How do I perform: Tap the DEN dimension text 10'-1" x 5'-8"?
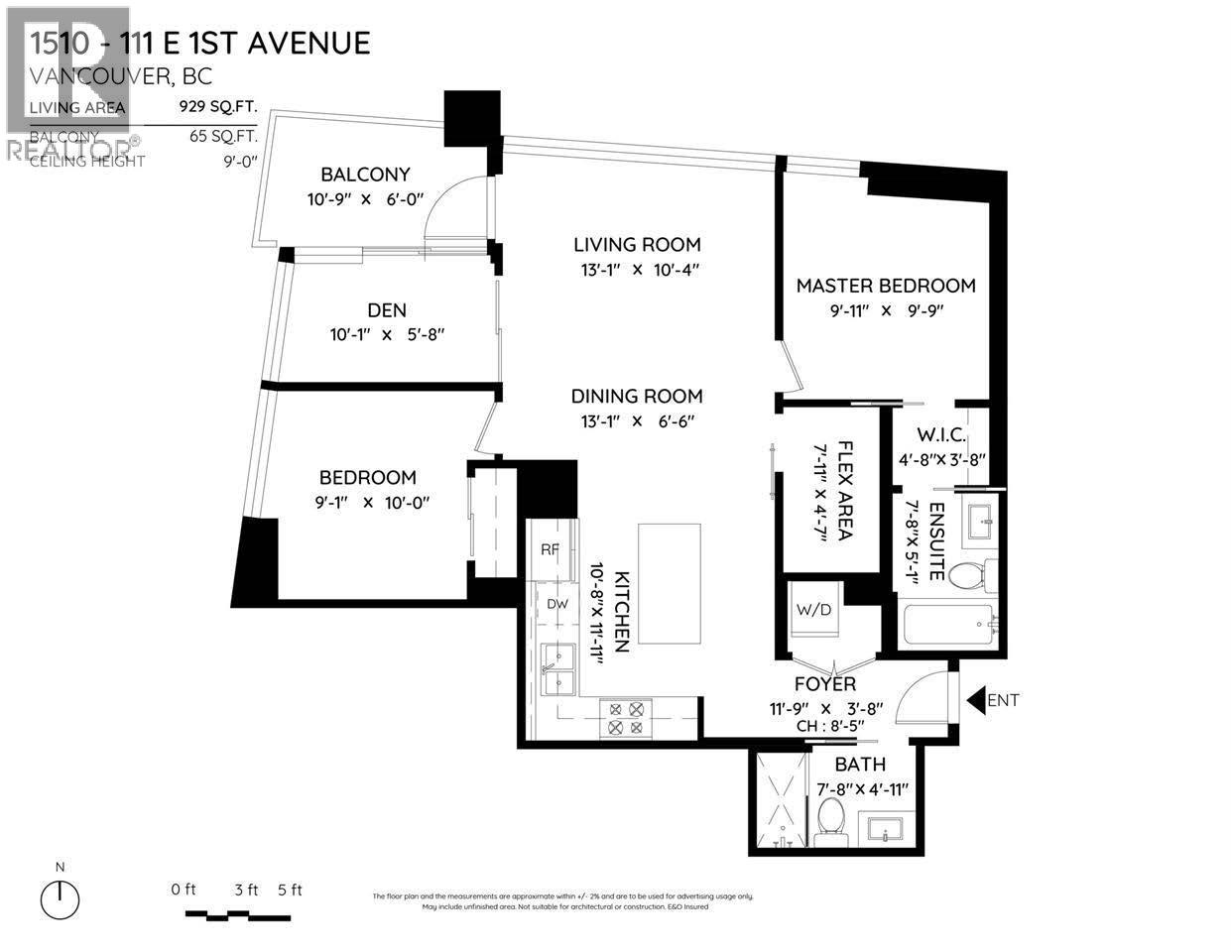pos(387,335)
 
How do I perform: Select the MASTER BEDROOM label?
pos(886,286)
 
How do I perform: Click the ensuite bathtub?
pos(951,625)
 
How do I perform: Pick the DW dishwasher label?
pos(556,603)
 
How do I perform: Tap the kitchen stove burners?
pos(626,718)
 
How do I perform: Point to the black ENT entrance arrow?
pos(974,700)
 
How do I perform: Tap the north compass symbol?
pos(61,899)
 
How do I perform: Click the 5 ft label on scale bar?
pos(290,890)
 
